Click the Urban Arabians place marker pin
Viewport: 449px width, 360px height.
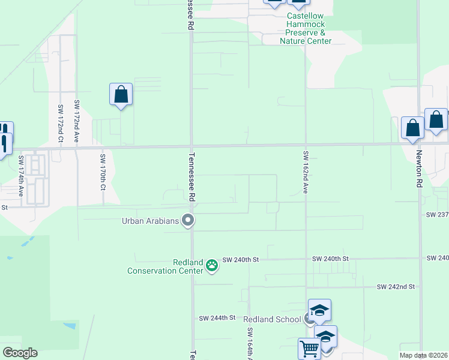tap(188, 221)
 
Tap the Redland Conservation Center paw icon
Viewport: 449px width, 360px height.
tap(211, 265)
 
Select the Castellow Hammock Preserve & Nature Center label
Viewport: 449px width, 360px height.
tap(306, 28)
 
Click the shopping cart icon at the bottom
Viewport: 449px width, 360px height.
tap(309, 348)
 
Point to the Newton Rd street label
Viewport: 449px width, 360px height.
tap(418, 169)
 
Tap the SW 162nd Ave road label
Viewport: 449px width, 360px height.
tap(305, 172)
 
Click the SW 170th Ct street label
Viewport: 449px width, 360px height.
tap(103, 172)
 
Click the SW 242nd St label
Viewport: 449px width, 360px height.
tap(396, 287)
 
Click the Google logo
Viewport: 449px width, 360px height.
tap(20, 353)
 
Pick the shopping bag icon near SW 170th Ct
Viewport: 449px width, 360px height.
tap(121, 94)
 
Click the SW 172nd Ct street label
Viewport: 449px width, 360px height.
tap(61, 124)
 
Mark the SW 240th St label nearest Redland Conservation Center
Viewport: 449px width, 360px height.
tap(240, 259)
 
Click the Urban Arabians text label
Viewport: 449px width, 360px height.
tap(151, 221)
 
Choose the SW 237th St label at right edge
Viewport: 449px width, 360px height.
tap(437, 214)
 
